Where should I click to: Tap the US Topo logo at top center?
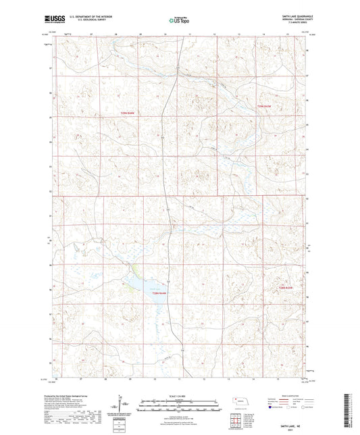pyautogui.click(x=177, y=21)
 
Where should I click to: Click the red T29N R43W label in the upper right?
pyautogui.click(x=263, y=107)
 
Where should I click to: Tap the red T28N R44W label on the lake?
pyautogui.click(x=157, y=292)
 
